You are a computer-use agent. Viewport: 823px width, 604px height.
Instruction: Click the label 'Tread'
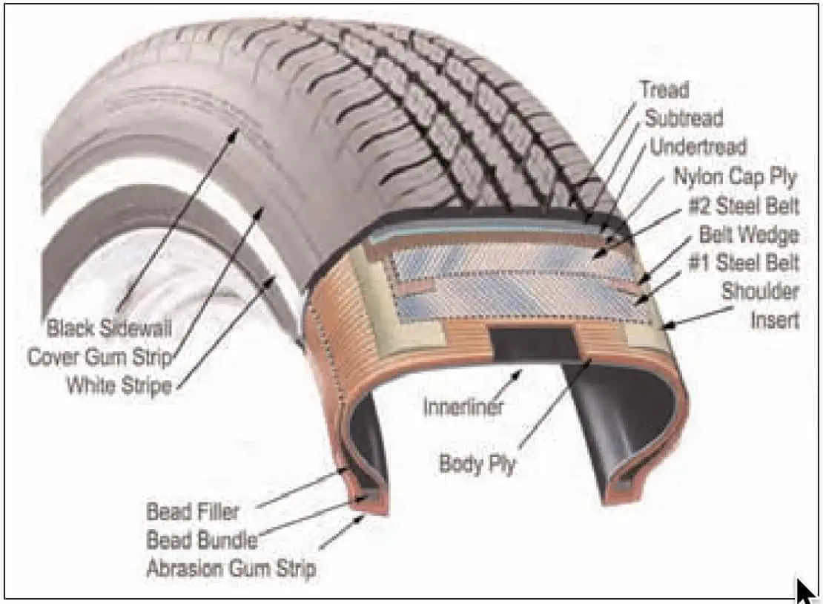(664, 90)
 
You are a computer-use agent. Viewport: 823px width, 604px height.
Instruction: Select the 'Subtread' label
(684, 118)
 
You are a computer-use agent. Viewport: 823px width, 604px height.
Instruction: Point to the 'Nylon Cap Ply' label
(736, 177)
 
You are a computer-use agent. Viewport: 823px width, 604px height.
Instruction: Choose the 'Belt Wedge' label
(749, 234)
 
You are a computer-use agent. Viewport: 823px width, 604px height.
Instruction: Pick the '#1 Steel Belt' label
(743, 263)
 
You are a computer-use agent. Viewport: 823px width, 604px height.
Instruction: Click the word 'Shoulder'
(760, 291)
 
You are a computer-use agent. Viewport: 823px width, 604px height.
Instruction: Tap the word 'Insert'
(775, 320)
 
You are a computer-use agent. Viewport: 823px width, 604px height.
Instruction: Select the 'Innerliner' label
(463, 407)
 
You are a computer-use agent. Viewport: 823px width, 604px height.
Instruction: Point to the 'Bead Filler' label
(193, 511)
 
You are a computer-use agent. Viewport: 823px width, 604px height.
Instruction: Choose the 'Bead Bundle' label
(202, 540)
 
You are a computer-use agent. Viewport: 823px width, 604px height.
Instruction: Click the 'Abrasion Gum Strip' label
(231, 569)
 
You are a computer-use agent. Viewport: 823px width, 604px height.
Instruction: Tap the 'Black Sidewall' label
(109, 328)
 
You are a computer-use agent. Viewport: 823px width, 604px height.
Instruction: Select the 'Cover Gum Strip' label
(100, 357)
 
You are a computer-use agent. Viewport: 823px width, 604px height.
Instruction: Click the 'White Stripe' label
(119, 386)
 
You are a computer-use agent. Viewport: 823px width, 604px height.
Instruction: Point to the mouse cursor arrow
(806, 591)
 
